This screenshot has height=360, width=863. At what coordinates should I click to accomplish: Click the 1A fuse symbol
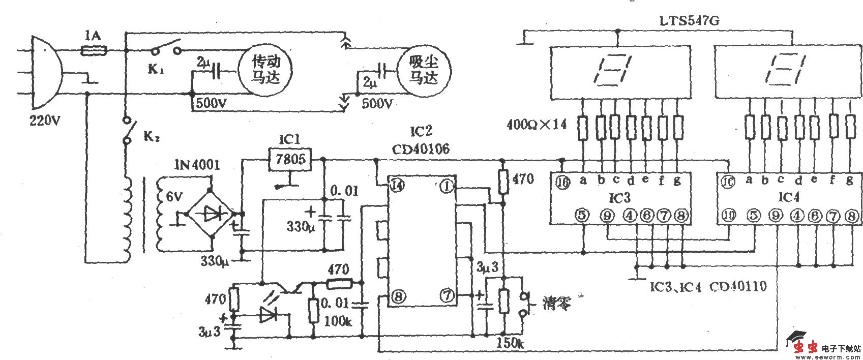coord(94,50)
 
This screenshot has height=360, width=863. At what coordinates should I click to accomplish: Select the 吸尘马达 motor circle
coord(424,70)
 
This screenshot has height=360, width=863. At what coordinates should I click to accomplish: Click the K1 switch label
coord(156,70)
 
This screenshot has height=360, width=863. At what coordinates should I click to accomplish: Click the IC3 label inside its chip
coord(619,197)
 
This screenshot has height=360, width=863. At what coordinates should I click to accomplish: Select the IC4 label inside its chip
coord(789,197)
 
